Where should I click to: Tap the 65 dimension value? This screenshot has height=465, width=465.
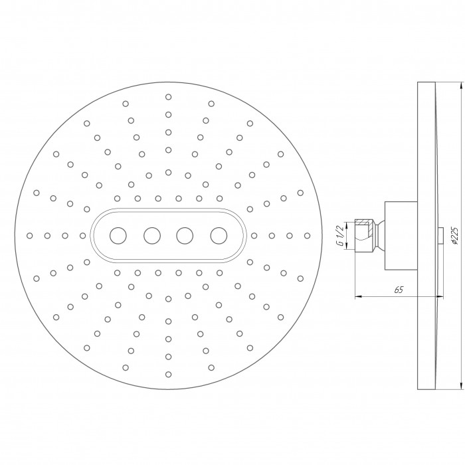(399, 290)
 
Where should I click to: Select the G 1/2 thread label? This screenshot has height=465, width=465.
(341, 236)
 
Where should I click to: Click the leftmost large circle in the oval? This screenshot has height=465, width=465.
(118, 236)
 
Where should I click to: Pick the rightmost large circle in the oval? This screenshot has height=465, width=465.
(219, 236)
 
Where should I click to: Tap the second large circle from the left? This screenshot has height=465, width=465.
(152, 236)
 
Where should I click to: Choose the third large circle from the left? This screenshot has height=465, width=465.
(185, 236)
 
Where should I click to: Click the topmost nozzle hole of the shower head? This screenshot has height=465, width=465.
(169, 97)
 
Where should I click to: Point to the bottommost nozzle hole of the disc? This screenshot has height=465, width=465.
(169, 374)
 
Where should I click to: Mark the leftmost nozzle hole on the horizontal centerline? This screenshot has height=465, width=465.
(29, 236)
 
